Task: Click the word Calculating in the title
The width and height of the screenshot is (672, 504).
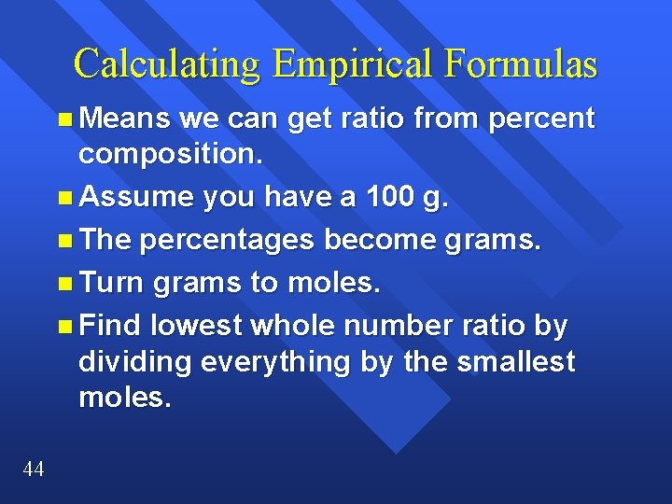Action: [169, 64]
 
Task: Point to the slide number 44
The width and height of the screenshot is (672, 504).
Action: [33, 469]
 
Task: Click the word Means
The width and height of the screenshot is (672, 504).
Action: [124, 119]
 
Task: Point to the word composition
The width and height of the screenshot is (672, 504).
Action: [171, 154]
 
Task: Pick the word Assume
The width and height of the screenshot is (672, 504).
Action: [134, 198]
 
